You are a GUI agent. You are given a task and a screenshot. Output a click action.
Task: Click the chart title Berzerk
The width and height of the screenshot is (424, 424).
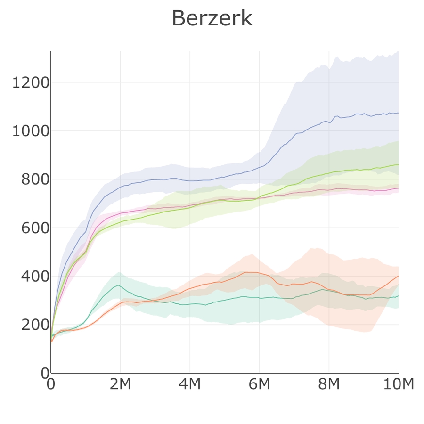coord(212,19)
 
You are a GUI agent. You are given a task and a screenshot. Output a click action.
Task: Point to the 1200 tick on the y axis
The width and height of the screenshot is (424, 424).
coord(30,83)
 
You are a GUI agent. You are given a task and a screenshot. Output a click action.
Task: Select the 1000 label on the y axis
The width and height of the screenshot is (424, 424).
coord(30,131)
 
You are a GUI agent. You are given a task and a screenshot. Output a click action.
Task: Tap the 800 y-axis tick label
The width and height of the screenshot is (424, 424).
coord(35,180)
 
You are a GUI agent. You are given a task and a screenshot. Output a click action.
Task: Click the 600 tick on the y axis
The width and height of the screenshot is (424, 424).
coord(35,228)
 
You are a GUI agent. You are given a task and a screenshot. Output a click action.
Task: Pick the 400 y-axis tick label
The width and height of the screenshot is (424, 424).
coord(35,277)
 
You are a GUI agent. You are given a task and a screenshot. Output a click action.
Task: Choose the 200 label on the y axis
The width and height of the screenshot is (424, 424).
coord(35,325)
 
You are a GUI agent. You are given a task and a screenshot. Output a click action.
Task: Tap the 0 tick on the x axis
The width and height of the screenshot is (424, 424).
coord(51,384)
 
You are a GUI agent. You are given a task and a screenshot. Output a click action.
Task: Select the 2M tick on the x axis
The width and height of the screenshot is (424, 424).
coord(120,384)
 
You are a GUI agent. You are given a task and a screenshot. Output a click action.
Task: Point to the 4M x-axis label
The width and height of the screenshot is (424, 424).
coord(190,384)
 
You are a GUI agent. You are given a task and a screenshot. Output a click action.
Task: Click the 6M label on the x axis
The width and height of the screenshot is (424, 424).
coord(259,384)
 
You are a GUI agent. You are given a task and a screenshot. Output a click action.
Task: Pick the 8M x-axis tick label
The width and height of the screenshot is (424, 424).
coord(329,384)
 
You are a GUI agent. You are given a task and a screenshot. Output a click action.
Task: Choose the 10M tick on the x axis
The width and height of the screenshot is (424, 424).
coord(398,384)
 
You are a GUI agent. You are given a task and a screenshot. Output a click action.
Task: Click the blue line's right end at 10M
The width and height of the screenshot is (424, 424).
coord(398,113)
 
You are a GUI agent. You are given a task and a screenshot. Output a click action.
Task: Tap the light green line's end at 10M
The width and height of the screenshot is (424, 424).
coord(398,164)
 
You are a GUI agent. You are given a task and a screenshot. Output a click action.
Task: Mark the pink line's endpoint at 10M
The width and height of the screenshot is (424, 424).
coord(398,188)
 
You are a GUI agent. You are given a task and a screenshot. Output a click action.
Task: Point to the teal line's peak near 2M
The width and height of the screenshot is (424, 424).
coord(118,285)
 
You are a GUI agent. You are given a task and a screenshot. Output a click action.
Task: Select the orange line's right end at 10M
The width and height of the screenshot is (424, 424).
coord(398,276)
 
